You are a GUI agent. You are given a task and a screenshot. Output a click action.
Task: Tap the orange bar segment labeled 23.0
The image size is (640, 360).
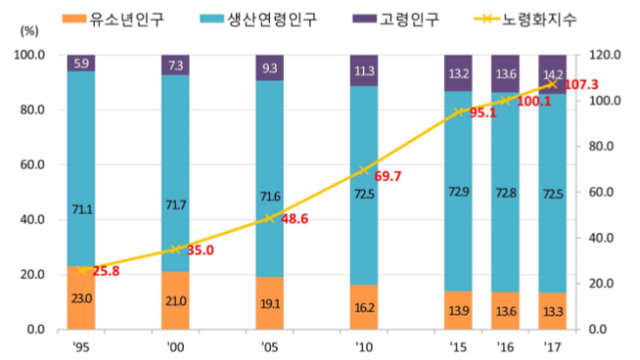81,297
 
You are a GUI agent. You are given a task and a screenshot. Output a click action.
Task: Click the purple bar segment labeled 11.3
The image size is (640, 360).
364,70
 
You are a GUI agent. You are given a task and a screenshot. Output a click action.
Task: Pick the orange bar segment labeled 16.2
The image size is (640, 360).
364,306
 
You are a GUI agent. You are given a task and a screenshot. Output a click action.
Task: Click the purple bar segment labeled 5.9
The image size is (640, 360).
81,64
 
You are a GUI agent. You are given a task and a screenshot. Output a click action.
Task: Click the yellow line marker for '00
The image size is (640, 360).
175,249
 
